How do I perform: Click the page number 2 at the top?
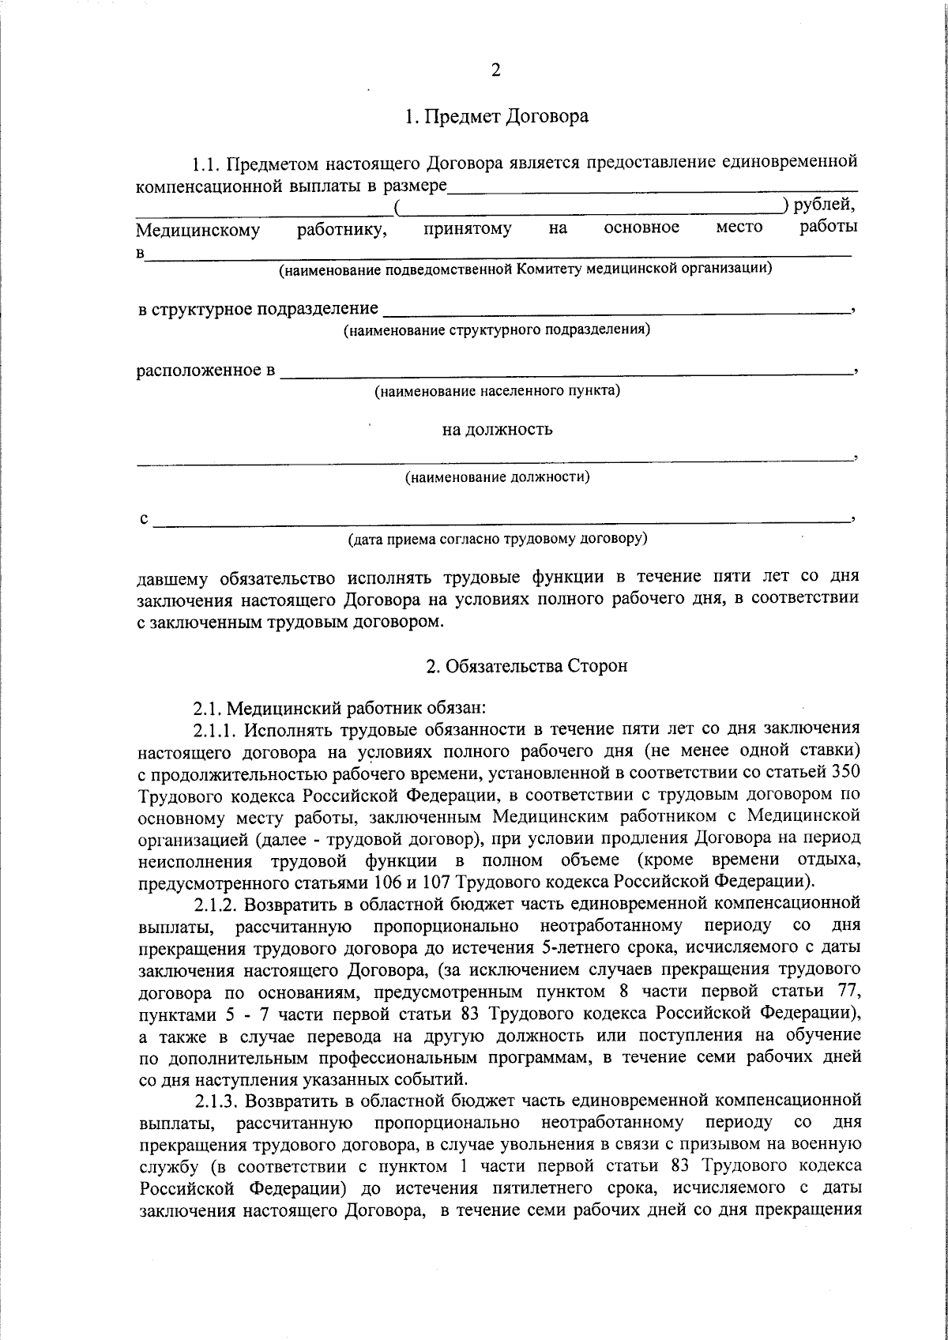pos(495,70)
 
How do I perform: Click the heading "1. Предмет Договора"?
pos(496,117)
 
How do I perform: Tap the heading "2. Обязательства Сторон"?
pos(527,666)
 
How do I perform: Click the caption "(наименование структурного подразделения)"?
pos(496,329)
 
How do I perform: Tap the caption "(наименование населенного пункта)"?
pos(497,391)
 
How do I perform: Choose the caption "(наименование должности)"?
pos(497,477)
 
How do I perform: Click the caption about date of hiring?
pos(498,540)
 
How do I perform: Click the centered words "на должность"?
pos(497,430)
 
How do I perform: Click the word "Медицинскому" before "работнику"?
pos(198,231)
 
